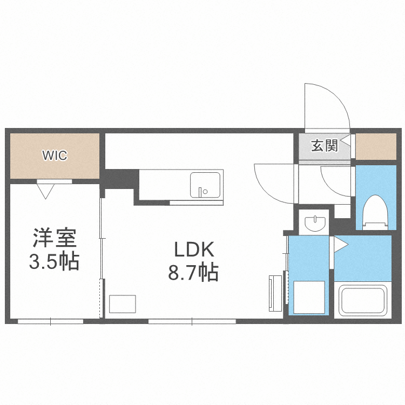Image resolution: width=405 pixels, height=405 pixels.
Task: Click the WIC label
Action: (x=55, y=156)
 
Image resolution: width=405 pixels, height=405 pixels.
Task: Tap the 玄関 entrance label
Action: (x=325, y=146)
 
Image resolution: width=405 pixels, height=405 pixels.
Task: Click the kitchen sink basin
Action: (x=205, y=185)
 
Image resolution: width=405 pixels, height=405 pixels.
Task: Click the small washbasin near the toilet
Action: (x=314, y=222)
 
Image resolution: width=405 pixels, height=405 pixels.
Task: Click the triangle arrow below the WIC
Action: (x=46, y=191)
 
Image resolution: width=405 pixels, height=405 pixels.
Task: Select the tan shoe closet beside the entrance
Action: (x=376, y=146)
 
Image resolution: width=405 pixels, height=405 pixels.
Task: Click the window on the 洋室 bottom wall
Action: (x=50, y=321)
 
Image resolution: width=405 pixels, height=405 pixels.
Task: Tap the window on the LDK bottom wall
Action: (x=192, y=321)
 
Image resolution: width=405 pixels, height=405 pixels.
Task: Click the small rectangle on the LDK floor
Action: (x=123, y=303)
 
